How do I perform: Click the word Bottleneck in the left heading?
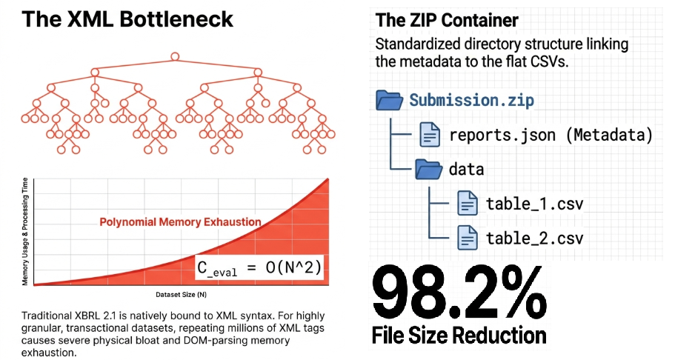[176, 19]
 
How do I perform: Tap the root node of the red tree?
[175, 56]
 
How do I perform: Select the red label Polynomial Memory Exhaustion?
[180, 221]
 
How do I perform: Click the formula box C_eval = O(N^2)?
[259, 267]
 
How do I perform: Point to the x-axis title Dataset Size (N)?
[182, 295]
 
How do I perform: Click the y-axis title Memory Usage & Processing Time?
[25, 231]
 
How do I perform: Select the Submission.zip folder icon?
[389, 100]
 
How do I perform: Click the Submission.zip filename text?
[471, 100]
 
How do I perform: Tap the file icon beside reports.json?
[430, 135]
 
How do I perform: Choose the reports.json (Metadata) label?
[551, 136]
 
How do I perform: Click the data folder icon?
[428, 169]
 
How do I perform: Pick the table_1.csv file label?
[535, 204]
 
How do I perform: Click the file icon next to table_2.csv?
[467, 238]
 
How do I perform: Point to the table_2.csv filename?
[535, 238]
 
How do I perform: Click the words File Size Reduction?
[459, 336]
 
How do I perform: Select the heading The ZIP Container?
[447, 20]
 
